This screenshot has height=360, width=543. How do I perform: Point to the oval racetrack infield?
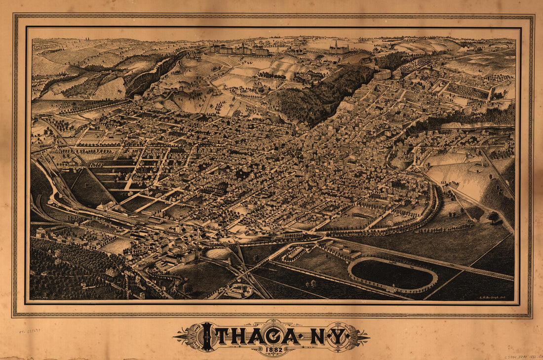pos(392,275)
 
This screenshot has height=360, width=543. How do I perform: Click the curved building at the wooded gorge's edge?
pos(383,75)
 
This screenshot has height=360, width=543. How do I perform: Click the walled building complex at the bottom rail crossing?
pos(240,290)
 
